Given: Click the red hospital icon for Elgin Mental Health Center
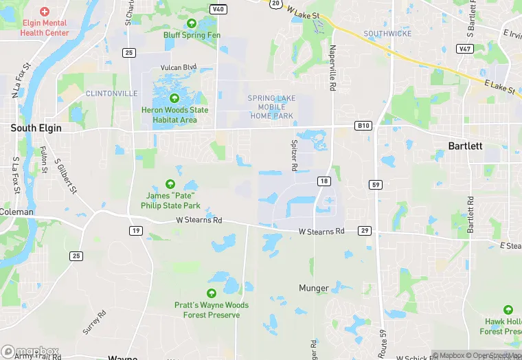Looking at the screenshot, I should coord(45,12).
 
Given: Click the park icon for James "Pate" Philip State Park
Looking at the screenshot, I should coord(170,183).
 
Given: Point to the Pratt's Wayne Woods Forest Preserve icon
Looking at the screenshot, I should coord(212,293).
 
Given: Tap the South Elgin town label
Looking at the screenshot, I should coord(36,128).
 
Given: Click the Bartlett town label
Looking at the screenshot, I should coord(465,146).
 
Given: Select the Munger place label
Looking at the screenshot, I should coord(314,288).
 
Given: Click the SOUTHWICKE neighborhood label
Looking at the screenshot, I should coord(387,34).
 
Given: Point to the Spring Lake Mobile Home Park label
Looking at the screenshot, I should coord(272,107).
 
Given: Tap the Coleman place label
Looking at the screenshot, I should coord(16,212).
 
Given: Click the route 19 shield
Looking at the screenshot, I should coord(136,231).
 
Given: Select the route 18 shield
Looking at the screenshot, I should coord(324,181).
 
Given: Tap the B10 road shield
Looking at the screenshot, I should coord(363,126).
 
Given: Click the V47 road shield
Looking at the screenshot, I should coord(465,49).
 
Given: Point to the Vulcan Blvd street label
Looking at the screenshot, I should coord(179,67).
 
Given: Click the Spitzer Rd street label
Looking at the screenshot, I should coord(293,155).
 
